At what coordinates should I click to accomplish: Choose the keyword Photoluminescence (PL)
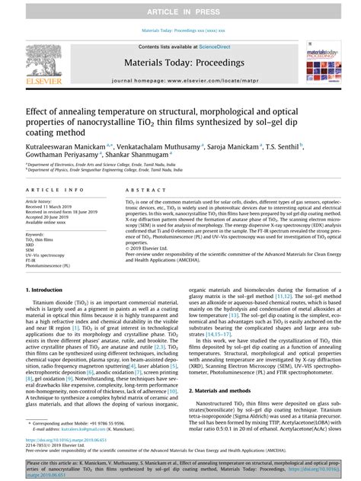click(x=48, y=266)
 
